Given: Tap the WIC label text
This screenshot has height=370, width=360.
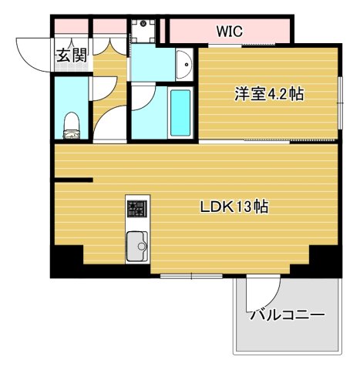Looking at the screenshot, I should coord(229,32).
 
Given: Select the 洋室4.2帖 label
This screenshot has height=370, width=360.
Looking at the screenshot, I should coord(269,94).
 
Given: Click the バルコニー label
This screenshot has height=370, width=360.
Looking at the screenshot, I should coord(287,314).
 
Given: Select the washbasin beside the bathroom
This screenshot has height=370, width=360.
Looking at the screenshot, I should coord(183,64).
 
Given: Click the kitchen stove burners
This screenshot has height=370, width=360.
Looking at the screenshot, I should coord(136,208).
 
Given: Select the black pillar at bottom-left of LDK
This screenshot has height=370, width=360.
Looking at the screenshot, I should coord(66,261).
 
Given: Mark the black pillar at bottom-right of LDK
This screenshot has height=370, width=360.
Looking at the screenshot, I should coord(325,261).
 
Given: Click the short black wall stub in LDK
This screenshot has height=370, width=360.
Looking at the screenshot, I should coord(72,180).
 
